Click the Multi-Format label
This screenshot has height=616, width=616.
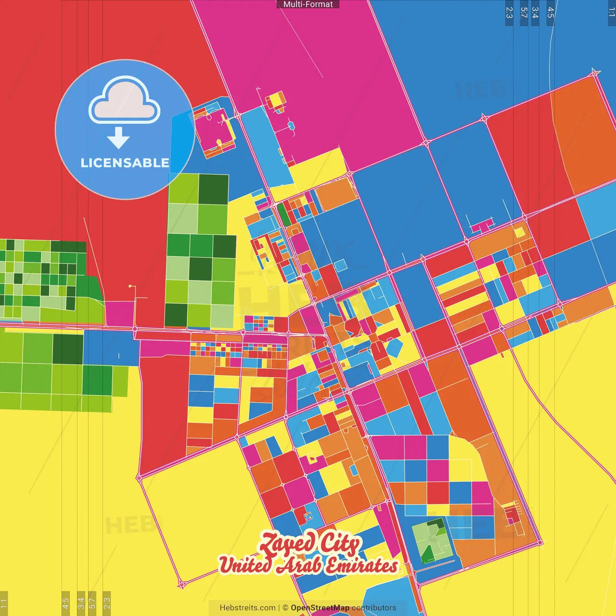[308, 4]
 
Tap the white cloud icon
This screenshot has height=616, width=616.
[124, 100]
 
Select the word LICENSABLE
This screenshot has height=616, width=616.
[125, 163]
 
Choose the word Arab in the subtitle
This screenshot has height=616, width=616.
[299, 565]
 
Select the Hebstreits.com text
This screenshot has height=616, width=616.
[247, 608]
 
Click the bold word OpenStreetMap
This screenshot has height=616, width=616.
[320, 608]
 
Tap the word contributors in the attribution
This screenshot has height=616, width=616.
[374, 608]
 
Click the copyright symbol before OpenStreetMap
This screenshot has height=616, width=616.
[285, 608]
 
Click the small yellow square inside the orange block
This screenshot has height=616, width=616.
[519, 232]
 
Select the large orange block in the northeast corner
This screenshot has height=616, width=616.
[585, 135]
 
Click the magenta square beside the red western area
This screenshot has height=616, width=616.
[119, 313]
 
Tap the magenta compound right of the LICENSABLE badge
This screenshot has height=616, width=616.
[215, 130]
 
